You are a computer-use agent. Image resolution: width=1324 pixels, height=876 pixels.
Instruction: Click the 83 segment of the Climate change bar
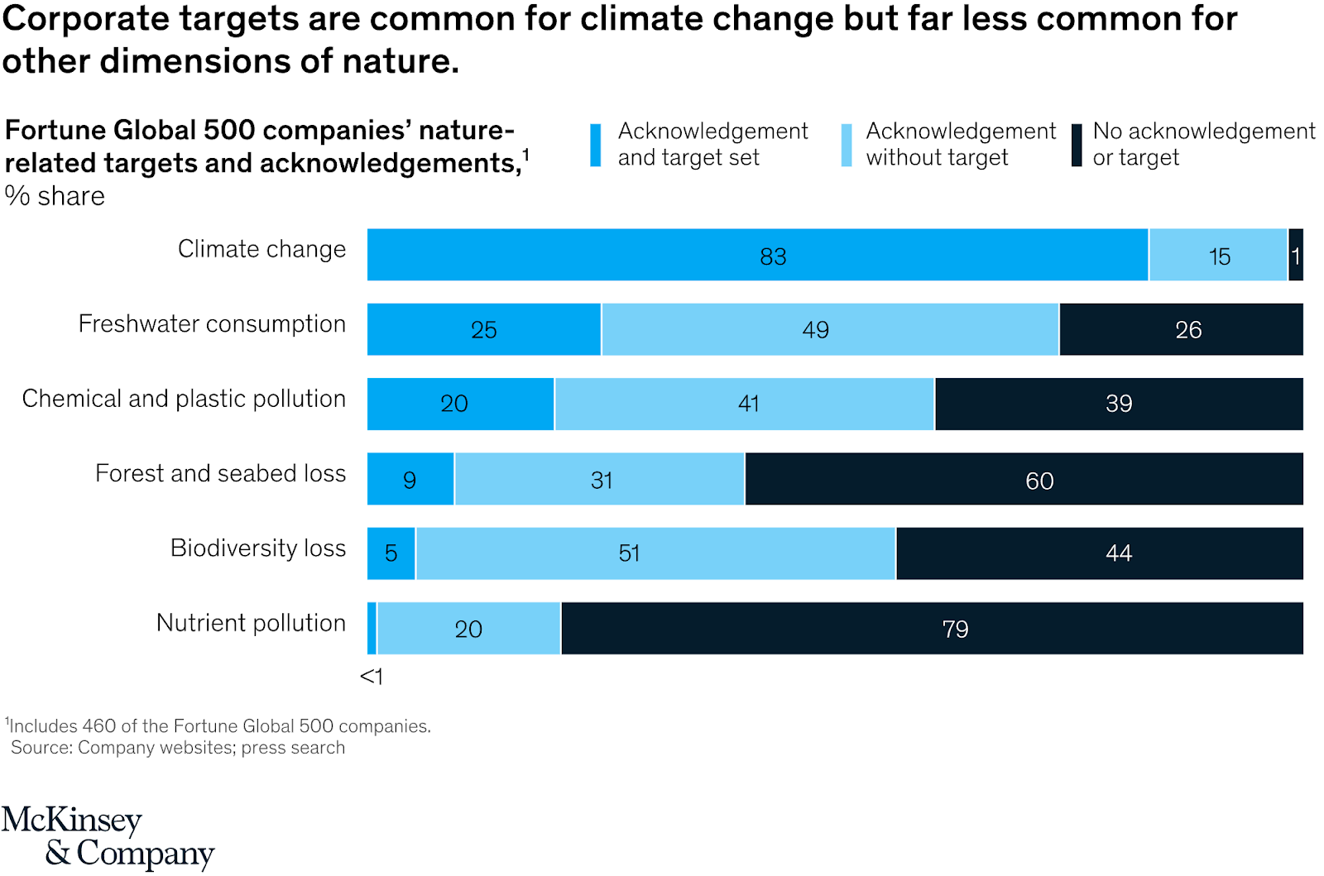(757, 255)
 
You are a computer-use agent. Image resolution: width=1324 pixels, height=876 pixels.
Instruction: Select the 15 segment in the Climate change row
(1218, 255)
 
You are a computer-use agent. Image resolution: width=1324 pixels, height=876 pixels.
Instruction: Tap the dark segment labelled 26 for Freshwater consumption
(1181, 329)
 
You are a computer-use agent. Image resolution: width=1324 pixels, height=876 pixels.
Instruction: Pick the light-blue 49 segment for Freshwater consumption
(830, 329)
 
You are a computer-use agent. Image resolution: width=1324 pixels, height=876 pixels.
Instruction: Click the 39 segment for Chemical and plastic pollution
(1119, 404)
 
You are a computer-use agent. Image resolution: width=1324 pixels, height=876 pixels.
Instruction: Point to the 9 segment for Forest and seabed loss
(410, 479)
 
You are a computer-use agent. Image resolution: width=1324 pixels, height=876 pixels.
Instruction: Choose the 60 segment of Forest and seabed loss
(1024, 479)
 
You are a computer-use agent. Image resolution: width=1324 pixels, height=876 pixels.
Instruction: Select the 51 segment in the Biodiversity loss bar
(655, 553)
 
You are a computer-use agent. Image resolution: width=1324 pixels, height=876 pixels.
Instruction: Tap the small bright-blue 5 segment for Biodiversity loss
(391, 553)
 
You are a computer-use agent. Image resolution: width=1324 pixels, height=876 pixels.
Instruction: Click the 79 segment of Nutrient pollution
(932, 629)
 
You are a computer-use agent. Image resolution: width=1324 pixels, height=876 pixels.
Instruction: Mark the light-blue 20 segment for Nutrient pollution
(468, 629)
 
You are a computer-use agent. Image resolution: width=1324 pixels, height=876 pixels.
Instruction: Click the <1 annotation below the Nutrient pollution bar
(372, 677)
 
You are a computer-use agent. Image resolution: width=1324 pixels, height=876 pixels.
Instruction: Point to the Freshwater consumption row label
(212, 324)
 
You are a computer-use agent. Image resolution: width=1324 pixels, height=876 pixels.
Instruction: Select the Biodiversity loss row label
(258, 548)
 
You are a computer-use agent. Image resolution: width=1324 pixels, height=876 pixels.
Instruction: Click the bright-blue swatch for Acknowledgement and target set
(595, 146)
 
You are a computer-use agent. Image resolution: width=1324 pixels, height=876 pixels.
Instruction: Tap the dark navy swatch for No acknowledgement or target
(1077, 146)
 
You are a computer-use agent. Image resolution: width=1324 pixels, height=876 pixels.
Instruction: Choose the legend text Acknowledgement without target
(961, 144)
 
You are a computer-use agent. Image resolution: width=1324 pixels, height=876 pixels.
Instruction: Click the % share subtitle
(55, 196)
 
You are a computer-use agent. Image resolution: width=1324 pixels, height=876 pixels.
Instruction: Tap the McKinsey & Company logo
(108, 836)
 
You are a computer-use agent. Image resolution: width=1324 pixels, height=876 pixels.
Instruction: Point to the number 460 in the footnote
(99, 726)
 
